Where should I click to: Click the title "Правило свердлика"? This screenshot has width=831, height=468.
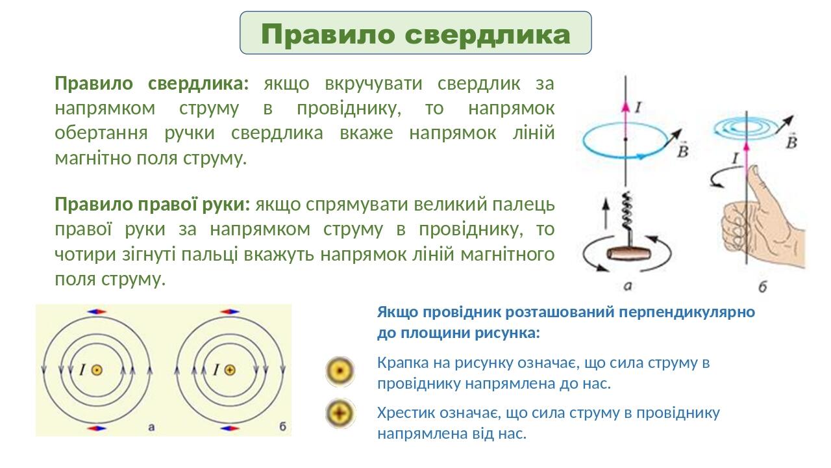click(x=415, y=34)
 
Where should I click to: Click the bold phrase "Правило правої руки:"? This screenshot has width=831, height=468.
click(x=152, y=205)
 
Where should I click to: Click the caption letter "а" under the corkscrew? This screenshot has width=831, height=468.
click(x=628, y=284)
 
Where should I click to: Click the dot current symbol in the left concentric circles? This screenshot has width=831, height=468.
click(x=97, y=370)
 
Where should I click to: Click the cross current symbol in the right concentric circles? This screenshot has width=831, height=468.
click(x=230, y=370)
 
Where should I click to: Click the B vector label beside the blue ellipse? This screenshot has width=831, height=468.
click(x=683, y=151)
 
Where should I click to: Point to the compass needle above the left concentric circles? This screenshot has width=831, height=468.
click(x=97, y=312)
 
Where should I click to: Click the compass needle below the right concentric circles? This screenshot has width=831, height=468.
click(x=229, y=428)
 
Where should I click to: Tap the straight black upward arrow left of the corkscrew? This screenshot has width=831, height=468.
click(x=606, y=211)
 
